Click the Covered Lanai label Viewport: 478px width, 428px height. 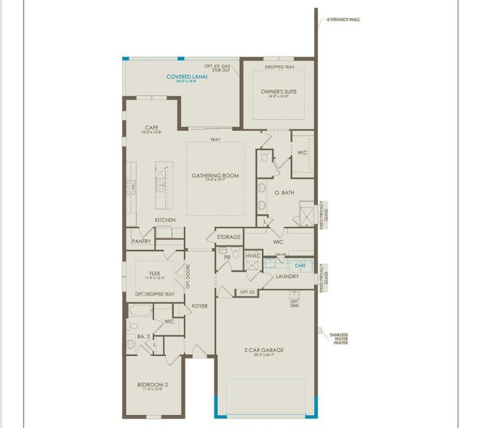click(183, 77)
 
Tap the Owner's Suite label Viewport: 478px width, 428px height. click(278, 92)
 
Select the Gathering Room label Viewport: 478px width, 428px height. click(215, 176)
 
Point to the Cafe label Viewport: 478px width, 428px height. click(151, 127)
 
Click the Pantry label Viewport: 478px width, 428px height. click(141, 241)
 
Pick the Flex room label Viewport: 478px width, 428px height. click(154, 273)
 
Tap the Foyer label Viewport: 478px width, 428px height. click(200, 306)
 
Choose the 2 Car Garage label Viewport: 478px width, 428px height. click(264, 350)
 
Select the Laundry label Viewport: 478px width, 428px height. click(287, 276)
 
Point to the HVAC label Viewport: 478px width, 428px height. click(253, 256)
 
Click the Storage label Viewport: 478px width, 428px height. click(229, 237)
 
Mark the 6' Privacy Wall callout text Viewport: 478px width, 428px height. click(344, 20)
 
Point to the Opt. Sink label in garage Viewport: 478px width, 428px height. click(294, 303)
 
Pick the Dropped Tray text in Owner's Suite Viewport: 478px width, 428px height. click(279, 67)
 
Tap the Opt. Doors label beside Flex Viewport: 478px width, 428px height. click(187, 278)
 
